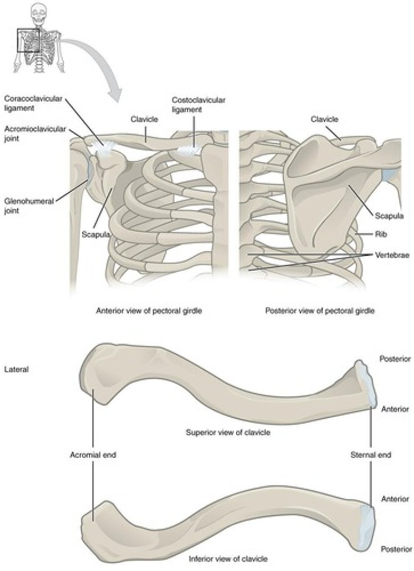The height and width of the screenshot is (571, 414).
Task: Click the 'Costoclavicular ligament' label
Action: [192, 105]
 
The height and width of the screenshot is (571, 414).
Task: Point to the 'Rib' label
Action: [379, 234]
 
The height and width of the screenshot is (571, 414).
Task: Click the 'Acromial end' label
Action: [93, 455]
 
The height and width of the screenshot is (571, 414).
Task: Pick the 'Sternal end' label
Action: [371, 455]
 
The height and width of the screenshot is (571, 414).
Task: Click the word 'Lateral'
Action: [16, 369]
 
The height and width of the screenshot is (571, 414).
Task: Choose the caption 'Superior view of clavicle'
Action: [228, 433]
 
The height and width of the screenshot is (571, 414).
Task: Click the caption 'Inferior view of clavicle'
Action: [228, 558]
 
